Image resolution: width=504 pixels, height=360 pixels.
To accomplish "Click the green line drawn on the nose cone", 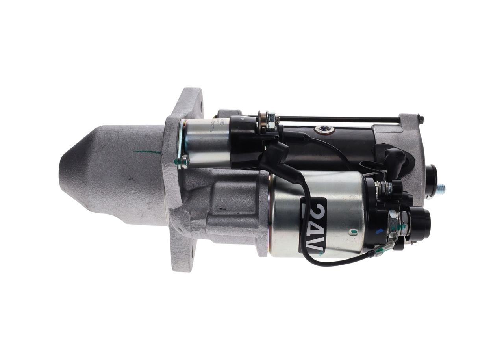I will click(x=147, y=152).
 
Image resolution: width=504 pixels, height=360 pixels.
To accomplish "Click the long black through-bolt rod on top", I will click(x=339, y=118).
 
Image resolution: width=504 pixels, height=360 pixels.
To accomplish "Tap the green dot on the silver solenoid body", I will click(x=353, y=232).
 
